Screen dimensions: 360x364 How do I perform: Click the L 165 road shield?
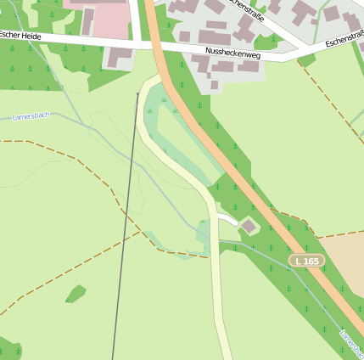[x=306, y=261]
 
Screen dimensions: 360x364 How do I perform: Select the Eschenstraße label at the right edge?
[x=344, y=39]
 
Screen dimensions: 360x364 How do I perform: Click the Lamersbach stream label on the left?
[x=32, y=116]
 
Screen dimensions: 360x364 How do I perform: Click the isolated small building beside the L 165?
[x=249, y=226]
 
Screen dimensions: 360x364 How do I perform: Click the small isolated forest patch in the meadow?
[x=76, y=295]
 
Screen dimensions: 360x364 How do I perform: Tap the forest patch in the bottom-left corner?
[x=8, y=349]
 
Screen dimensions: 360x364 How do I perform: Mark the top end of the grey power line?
[x=138, y=93]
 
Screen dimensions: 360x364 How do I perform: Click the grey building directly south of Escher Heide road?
[x=120, y=58]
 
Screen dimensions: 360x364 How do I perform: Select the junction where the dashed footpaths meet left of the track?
[x=141, y=229]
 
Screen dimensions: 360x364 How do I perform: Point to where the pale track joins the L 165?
[x=158, y=76]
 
